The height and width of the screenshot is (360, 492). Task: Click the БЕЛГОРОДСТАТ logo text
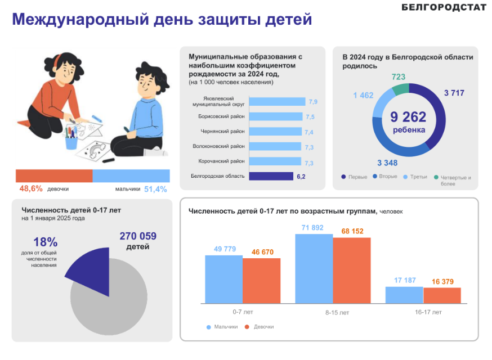click(444, 7)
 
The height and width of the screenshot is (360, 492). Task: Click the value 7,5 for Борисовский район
click(310, 116)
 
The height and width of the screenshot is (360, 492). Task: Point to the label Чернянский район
click(223, 131)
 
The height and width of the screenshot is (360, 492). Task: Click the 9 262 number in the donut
click(409, 117)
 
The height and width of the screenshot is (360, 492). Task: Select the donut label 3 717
click(454, 93)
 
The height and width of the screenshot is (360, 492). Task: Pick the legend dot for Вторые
click(375, 177)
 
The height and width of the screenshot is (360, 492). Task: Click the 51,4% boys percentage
click(155, 189)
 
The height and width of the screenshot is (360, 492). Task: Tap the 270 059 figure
click(138, 236)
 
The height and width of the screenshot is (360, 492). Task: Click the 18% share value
click(46, 242)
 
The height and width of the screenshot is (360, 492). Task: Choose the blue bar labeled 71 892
click(314, 268)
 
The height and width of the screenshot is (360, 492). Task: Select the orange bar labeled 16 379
click(442, 295)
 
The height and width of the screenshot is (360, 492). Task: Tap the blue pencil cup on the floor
click(71, 141)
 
